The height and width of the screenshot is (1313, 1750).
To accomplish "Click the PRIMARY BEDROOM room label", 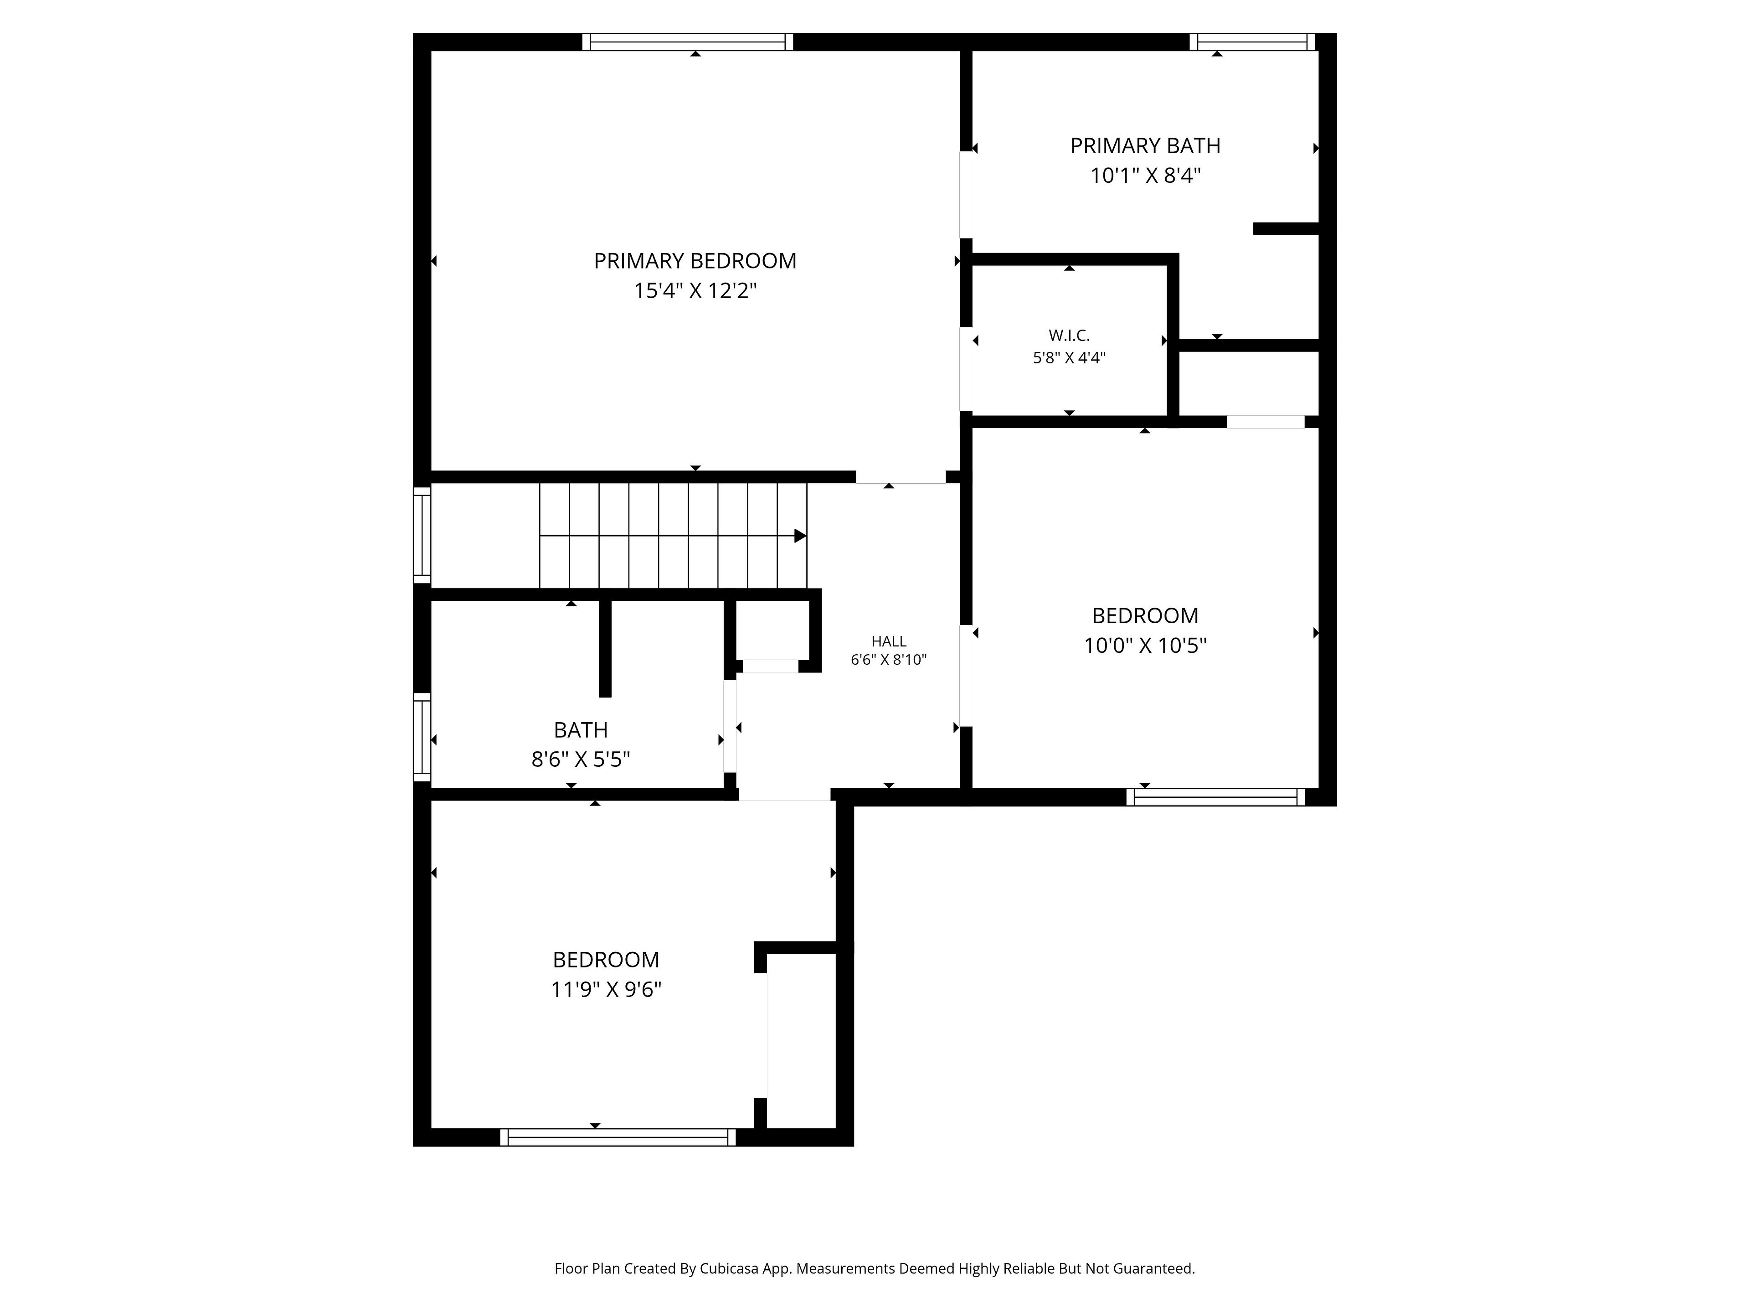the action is (695, 261).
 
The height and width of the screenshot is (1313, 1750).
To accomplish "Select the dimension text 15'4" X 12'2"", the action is (695, 291).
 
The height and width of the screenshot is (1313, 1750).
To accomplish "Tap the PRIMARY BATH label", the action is (1145, 145).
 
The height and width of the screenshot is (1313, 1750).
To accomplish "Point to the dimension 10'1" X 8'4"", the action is (1145, 176).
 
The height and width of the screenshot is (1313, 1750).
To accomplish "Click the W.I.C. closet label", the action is (1069, 336).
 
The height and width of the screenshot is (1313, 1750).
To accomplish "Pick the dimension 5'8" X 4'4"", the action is (1069, 358).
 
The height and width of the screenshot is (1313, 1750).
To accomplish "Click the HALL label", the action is (889, 641).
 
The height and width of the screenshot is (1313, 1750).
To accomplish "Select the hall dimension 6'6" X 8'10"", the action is (889, 659).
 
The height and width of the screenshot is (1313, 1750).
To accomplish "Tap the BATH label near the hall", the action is (581, 730).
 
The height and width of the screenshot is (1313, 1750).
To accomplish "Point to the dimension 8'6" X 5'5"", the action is (581, 760).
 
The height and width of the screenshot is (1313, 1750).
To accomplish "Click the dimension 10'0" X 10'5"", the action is (1145, 646).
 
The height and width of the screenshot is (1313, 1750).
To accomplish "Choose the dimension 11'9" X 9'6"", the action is (606, 989).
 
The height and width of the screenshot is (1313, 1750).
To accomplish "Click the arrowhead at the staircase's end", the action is (800, 536).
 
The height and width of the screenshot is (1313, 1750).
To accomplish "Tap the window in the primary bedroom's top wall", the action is (688, 42).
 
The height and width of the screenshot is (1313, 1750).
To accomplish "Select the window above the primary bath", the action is (1252, 42).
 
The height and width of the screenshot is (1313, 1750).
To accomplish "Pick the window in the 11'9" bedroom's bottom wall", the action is (618, 1137).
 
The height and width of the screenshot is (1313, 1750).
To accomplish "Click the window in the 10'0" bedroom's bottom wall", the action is (1215, 797).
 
